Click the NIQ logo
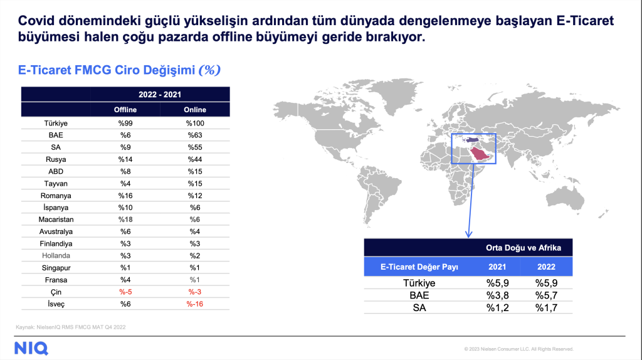(x=31, y=349)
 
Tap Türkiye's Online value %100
(x=195, y=124)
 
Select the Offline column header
(x=125, y=110)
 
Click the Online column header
(x=195, y=110)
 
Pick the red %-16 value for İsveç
(x=195, y=304)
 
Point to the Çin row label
(x=56, y=292)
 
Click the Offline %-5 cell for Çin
(x=125, y=292)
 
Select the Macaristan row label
(x=56, y=220)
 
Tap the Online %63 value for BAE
(x=195, y=135)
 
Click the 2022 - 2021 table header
(x=160, y=95)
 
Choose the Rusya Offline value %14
(x=125, y=159)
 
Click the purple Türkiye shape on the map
(x=470, y=140)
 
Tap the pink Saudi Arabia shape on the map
(x=480, y=154)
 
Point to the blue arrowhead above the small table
(x=469, y=234)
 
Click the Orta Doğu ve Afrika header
(x=524, y=248)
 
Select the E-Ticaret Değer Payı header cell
(x=419, y=267)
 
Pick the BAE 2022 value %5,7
(x=546, y=295)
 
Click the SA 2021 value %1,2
(x=497, y=307)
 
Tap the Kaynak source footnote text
(x=71, y=327)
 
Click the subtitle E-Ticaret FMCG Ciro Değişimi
(x=107, y=70)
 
